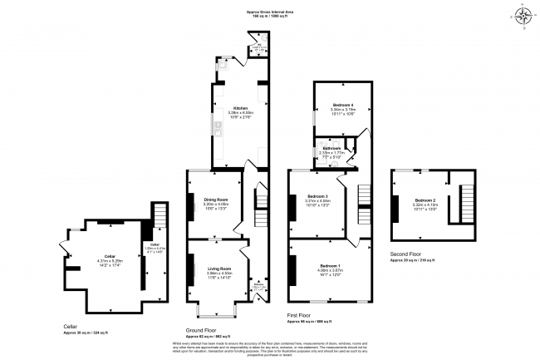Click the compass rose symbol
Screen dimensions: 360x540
coord(525,17)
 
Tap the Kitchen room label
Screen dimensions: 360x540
coord(239,108)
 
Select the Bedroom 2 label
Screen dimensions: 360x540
coord(425,200)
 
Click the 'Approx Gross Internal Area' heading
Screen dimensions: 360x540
coord(270,12)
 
